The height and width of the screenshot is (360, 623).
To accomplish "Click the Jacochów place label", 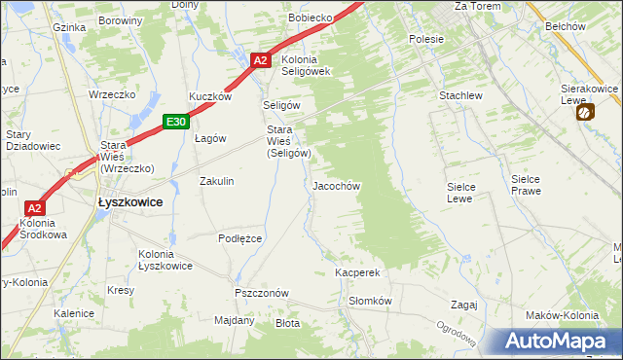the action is click(x=337, y=185).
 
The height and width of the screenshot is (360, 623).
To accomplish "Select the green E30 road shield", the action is click(x=175, y=122).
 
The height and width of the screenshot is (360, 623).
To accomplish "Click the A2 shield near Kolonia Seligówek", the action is click(x=259, y=59).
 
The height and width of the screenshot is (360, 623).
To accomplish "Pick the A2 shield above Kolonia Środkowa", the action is click(x=34, y=208).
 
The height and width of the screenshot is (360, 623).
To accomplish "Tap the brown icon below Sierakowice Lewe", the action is click(x=583, y=112).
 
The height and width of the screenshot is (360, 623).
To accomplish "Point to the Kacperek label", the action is click(x=356, y=273).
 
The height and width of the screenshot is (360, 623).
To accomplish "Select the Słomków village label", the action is click(x=369, y=301).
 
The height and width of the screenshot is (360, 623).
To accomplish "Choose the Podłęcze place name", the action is click(x=240, y=238).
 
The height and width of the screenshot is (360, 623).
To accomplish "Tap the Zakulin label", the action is click(x=216, y=181).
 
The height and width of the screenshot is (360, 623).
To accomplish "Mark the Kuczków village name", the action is click(x=209, y=97).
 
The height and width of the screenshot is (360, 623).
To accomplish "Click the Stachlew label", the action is click(x=460, y=96).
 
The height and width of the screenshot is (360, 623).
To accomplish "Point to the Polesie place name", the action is click(x=426, y=39).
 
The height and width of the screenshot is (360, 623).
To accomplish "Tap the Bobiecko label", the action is click(x=311, y=18).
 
